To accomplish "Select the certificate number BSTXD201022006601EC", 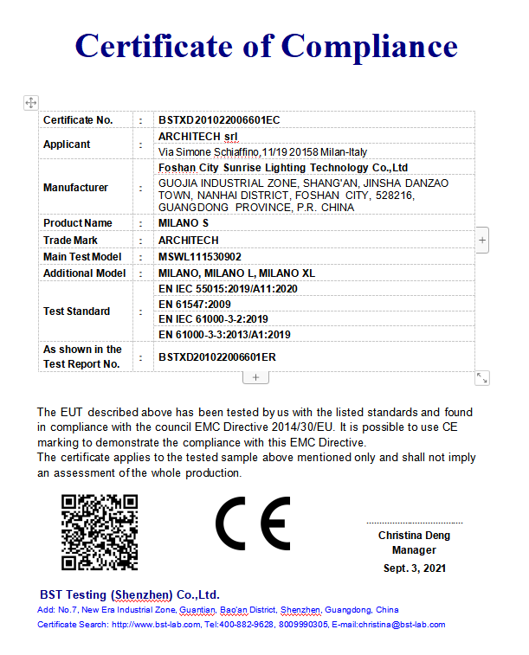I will pyautogui.click(x=219, y=120).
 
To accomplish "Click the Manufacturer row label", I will pyautogui.click(x=76, y=188).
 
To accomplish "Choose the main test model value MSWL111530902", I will pyautogui.click(x=200, y=257).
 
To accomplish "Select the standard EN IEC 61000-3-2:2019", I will pyautogui.click(x=213, y=319).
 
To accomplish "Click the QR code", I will pyautogui.click(x=100, y=532).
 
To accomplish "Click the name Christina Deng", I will pyautogui.click(x=414, y=536).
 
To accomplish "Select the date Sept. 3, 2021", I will pyautogui.click(x=415, y=568).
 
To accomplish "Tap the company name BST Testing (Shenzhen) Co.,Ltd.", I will pyautogui.click(x=130, y=595).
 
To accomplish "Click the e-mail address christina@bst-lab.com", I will pyautogui.click(x=402, y=624).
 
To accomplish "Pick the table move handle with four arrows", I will pyautogui.click(x=30, y=102).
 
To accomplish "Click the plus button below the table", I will pyautogui.click(x=256, y=377).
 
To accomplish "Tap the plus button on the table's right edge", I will pyautogui.click(x=482, y=239).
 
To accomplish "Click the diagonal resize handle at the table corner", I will pyautogui.click(x=482, y=377).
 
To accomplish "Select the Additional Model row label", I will pyautogui.click(x=85, y=273).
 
